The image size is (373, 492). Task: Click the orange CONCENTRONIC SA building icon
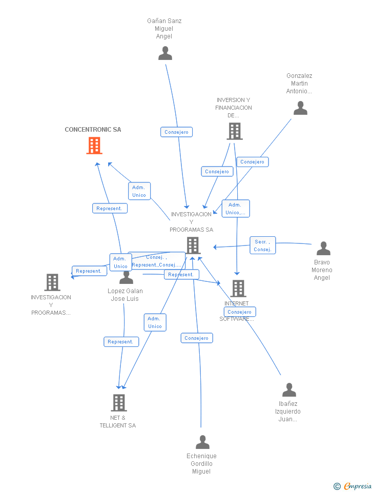tap(94, 146)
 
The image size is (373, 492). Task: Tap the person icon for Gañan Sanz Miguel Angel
tap(165, 53)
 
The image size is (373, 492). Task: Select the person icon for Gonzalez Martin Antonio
tap(300, 108)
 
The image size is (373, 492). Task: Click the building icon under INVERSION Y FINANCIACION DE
tap(234, 131)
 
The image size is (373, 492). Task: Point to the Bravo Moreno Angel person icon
tap(323, 249)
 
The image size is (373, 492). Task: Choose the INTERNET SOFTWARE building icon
tap(238, 289)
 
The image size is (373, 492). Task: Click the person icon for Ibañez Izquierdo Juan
tap(289, 390)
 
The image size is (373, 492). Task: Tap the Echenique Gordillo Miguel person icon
tap(202, 442)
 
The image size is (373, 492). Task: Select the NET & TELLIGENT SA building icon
tap(119, 403)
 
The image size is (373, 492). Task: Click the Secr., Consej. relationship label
tap(263, 245)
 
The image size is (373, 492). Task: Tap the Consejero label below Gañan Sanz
tap(176, 132)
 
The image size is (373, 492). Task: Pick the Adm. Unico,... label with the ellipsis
tap(236, 209)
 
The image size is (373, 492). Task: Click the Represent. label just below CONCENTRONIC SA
tap(110, 208)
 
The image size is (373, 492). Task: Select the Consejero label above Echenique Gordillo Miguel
tap(197, 338)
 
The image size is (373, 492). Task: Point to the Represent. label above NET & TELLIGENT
tap(121, 342)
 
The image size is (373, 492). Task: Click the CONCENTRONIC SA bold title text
tap(93, 130)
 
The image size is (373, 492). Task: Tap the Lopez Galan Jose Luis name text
tap(125, 295)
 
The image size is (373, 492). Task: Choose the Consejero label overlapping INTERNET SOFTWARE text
tap(239, 312)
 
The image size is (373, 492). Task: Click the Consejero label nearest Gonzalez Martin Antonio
tap(253, 162)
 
